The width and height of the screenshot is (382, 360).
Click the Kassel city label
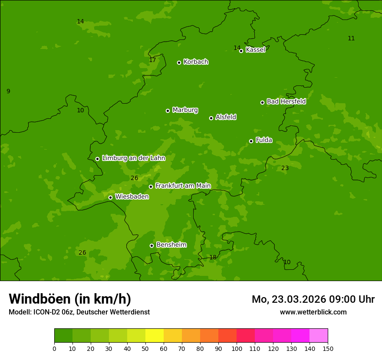point(255,50)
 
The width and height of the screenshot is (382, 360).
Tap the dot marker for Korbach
point(179,62)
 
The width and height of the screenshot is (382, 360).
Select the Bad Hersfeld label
point(286,101)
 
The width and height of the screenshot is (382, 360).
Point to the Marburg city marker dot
point(168,111)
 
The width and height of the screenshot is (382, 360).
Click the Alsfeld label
point(226,117)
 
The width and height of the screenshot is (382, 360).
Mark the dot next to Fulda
point(251,141)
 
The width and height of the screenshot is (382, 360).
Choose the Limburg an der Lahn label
point(133,158)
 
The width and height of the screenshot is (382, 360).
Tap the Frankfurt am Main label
point(183,186)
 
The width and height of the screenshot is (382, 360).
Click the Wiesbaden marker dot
point(110,197)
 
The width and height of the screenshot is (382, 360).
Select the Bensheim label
point(171,245)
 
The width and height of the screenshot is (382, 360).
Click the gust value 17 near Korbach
point(152,60)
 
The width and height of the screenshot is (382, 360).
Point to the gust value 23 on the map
point(285,168)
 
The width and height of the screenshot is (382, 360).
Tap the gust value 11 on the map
point(351,38)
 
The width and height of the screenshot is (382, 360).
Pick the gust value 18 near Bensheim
point(213,257)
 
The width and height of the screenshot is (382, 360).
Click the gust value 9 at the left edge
point(8,91)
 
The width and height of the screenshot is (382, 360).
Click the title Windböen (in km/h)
point(70,299)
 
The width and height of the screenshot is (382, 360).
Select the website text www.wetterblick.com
point(313,312)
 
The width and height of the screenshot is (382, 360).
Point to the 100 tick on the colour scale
point(237,348)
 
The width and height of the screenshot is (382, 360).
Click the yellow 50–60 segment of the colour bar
point(155,336)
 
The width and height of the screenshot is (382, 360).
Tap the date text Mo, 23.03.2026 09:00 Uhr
point(313,299)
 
